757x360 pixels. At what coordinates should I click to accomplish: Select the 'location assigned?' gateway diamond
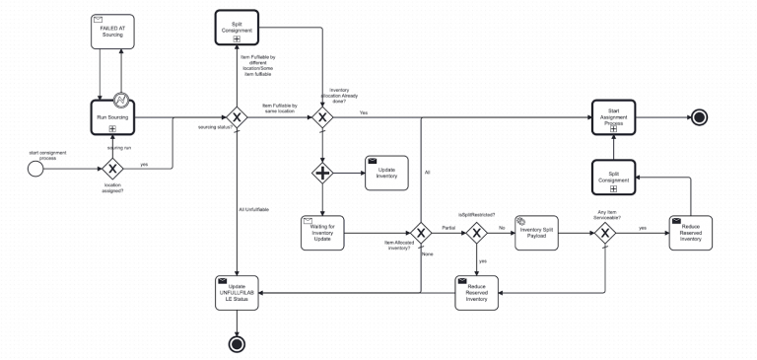tap(114, 168)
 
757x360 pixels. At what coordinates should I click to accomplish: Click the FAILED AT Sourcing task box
tap(114, 31)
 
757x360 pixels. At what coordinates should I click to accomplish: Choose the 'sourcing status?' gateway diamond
tap(237, 116)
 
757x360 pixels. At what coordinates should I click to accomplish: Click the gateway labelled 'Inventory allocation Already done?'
tap(321, 116)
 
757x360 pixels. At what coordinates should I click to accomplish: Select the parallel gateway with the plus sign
tap(321, 174)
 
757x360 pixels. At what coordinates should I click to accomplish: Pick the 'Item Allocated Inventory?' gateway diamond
tap(421, 233)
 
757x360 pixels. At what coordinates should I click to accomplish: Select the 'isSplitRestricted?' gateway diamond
tap(477, 233)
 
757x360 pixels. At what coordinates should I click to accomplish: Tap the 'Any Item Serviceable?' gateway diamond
tap(603, 233)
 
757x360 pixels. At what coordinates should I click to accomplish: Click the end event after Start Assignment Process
tap(699, 116)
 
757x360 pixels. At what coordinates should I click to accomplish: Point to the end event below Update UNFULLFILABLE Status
tap(237, 343)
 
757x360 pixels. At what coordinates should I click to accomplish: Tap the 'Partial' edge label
tap(447, 228)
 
